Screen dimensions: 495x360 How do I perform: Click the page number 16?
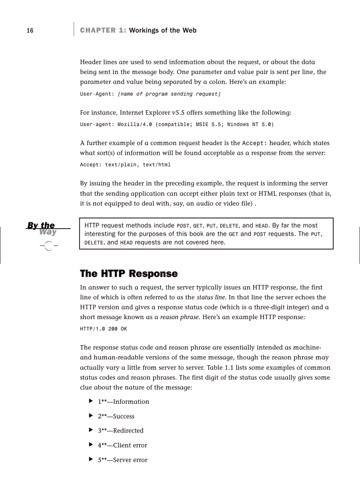click(30, 30)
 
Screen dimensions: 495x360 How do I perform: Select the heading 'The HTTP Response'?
click(128, 274)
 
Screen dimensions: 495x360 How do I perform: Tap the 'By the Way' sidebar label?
click(42, 229)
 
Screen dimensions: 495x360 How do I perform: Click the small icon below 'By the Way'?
click(49, 246)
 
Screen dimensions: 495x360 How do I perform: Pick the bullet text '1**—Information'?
click(123, 402)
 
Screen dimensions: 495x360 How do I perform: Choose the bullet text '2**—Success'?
click(116, 416)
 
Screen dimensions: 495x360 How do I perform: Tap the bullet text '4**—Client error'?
click(122, 445)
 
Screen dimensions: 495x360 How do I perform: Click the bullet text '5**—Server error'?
click(122, 460)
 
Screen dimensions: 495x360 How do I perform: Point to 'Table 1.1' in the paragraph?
click(233, 368)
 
